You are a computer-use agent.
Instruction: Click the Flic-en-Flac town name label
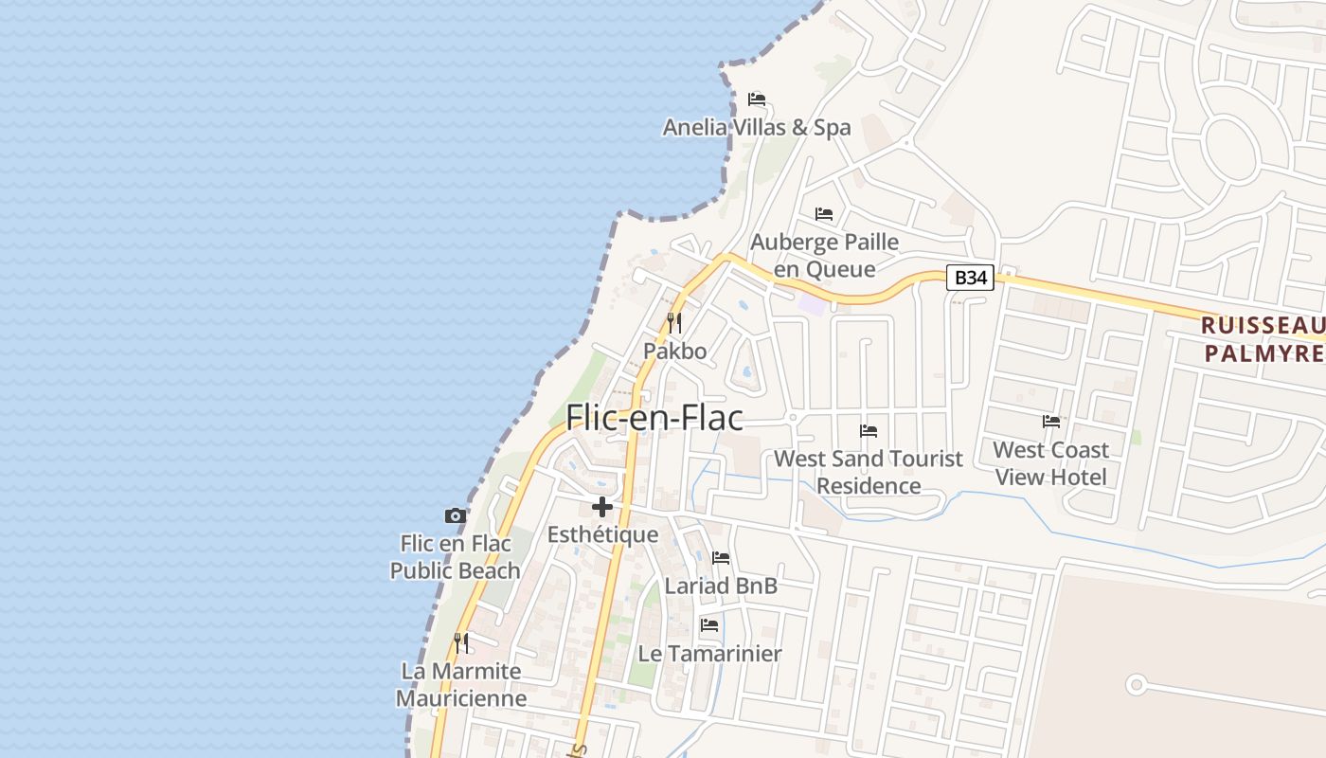pyautogui.click(x=654, y=418)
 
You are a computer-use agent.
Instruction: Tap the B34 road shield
pyautogui.click(x=970, y=278)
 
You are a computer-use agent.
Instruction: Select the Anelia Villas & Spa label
pyautogui.click(x=757, y=128)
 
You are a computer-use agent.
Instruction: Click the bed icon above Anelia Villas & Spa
pyautogui.click(x=756, y=99)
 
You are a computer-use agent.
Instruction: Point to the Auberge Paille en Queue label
pyautogui.click(x=824, y=256)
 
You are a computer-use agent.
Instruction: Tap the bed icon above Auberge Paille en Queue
pyautogui.click(x=824, y=214)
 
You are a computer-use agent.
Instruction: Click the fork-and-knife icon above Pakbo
pyautogui.click(x=674, y=322)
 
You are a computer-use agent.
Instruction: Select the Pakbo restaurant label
pyautogui.click(x=675, y=352)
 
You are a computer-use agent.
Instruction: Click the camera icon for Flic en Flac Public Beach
pyautogui.click(x=456, y=516)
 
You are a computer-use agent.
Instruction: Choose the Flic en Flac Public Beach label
pyautogui.click(x=456, y=557)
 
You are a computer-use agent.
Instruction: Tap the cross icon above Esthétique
pyautogui.click(x=602, y=507)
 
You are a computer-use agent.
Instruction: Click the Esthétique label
pyautogui.click(x=602, y=534)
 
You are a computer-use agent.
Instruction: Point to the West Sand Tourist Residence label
pyautogui.click(x=869, y=472)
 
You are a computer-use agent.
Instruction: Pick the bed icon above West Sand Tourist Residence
pyautogui.click(x=869, y=431)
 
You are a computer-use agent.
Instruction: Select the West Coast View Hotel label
pyautogui.click(x=1050, y=462)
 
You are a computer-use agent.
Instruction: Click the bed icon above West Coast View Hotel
pyautogui.click(x=1051, y=422)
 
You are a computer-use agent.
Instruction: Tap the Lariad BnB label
pyautogui.click(x=721, y=586)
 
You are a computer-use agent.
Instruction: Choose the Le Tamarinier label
pyautogui.click(x=709, y=654)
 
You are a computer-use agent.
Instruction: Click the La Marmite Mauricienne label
pyautogui.click(x=461, y=685)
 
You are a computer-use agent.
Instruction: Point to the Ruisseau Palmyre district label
pyautogui.click(x=1263, y=339)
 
